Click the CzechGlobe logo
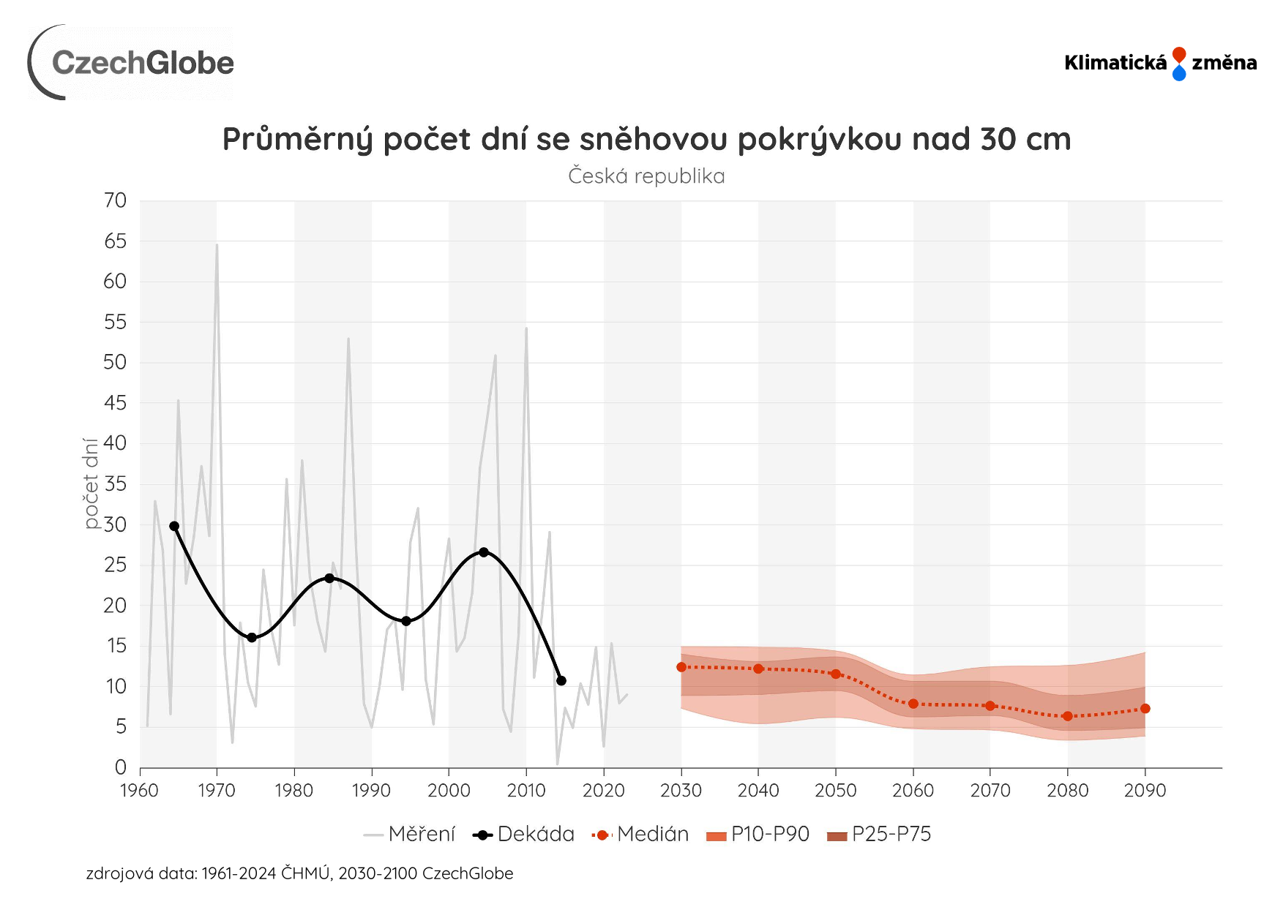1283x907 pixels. click(x=132, y=63)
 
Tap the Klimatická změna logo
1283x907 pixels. click(x=1160, y=63)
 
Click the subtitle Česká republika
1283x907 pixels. click(x=646, y=176)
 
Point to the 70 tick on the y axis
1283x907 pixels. click(x=115, y=200)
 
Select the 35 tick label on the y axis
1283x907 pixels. click(x=115, y=483)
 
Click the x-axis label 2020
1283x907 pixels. click(x=603, y=791)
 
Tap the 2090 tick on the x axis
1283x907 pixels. click(x=1145, y=791)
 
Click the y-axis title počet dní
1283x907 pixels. click(x=91, y=483)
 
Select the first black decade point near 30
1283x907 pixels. click(x=174, y=526)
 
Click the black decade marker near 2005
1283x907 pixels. click(x=483, y=552)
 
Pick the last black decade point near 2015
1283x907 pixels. click(x=561, y=681)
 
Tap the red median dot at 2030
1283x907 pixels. click(x=681, y=667)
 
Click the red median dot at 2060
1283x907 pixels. click(x=913, y=704)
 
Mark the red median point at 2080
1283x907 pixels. click(x=1068, y=716)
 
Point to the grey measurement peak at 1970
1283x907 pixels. click(x=217, y=245)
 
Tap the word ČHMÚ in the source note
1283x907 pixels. click(x=305, y=873)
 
